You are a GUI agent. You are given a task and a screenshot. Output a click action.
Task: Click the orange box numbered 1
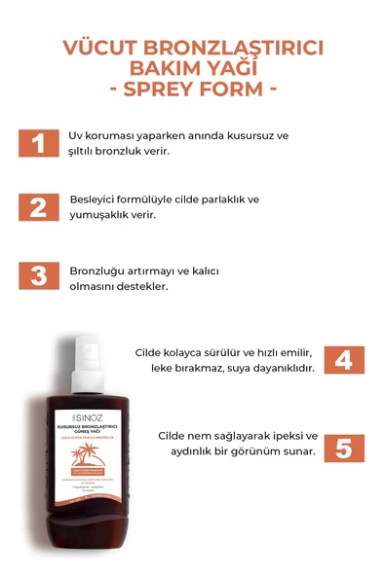click(x=38, y=144)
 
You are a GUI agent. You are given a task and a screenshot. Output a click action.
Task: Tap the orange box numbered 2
click(x=38, y=208)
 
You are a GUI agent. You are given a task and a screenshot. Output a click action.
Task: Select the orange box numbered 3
click(x=38, y=275)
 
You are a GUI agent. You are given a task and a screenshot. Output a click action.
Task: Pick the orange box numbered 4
click(x=343, y=360)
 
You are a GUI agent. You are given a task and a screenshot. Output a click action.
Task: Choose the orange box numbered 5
click(x=343, y=449)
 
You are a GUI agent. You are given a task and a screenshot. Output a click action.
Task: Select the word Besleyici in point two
click(x=96, y=198)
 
